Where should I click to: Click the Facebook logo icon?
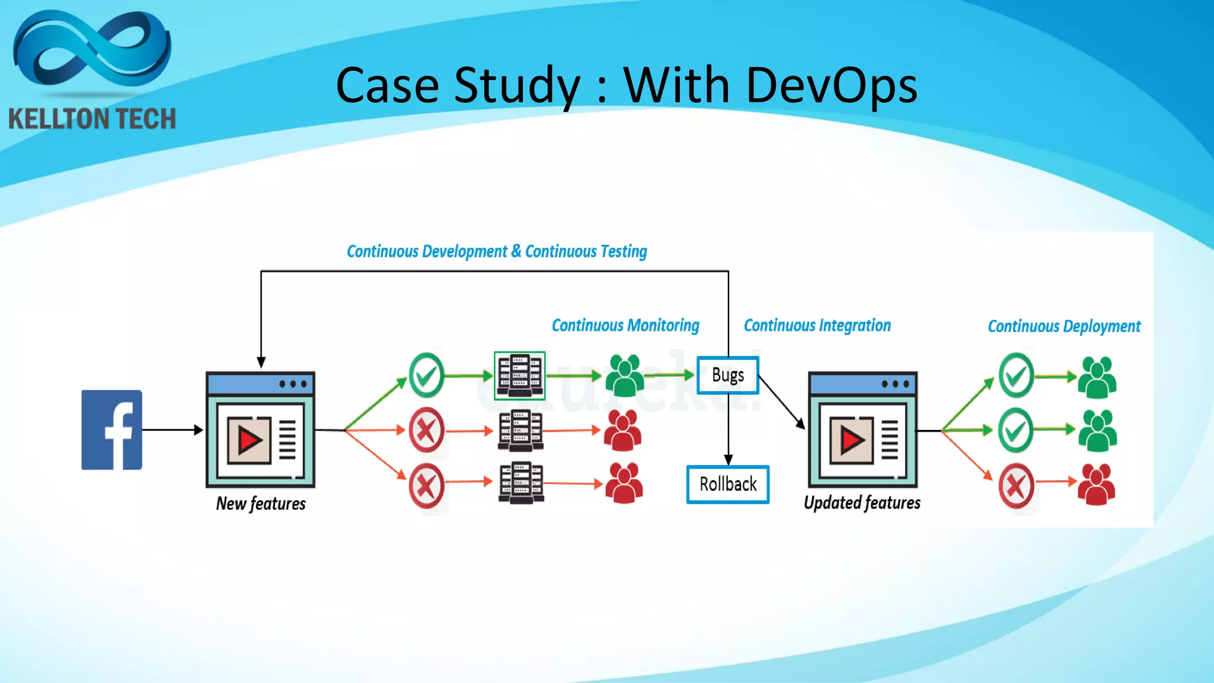pos(111,430)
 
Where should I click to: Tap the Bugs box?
pos(728,375)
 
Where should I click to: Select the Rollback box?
pos(728,484)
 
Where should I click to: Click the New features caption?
pos(261,503)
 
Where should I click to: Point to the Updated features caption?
pos(862,503)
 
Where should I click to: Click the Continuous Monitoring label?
pos(625,325)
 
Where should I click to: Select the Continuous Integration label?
pos(817,325)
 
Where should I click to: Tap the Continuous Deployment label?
pos(1063,326)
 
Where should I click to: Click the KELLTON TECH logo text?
pos(92,119)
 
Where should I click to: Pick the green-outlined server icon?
pos(520,376)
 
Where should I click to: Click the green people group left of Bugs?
pos(625,376)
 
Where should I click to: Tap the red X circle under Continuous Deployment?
pos(1016,486)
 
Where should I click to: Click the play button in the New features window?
pos(250,441)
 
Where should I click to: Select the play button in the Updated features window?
pos(852,441)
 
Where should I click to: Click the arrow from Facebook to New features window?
pos(172,430)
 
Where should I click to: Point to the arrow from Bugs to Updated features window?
pos(781,402)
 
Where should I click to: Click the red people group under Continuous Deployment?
pos(1096,484)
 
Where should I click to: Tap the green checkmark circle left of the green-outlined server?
pos(426,375)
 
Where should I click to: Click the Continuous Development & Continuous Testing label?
pos(497,251)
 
